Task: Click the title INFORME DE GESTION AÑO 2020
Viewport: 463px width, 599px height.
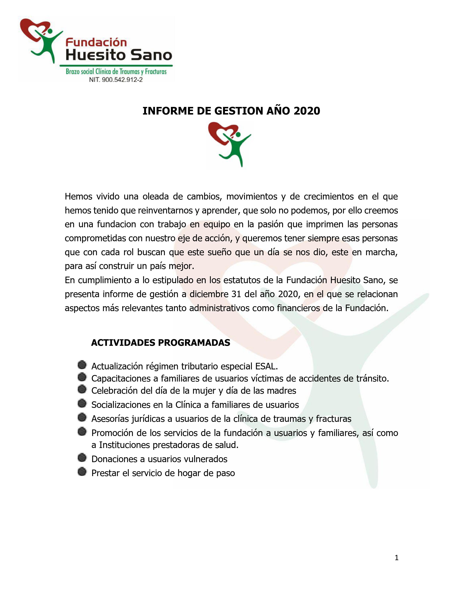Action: point(231,111)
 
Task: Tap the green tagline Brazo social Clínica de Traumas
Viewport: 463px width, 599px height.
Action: point(116,72)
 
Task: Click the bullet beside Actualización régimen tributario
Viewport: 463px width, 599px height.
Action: point(82,365)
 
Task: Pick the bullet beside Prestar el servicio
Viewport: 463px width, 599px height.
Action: point(82,472)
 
